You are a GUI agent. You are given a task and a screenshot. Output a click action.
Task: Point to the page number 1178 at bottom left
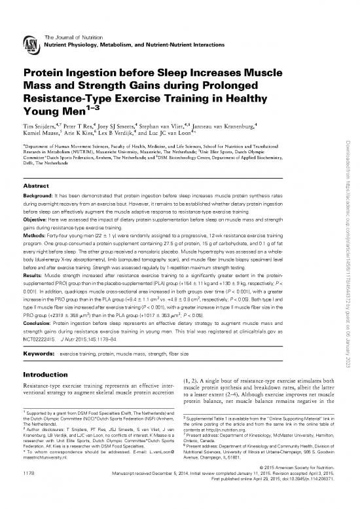(x=30, y=490)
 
